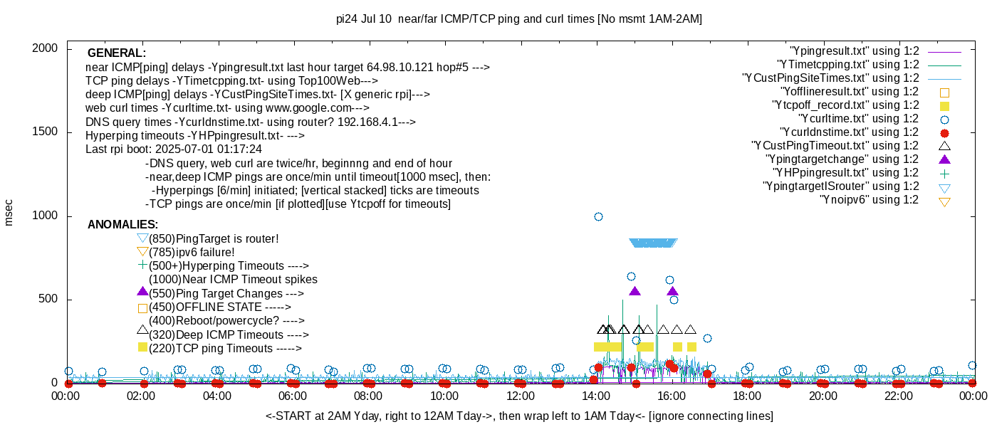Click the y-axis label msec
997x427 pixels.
click(9, 213)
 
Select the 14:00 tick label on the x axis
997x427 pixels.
click(595, 396)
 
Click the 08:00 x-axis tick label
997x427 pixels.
click(368, 396)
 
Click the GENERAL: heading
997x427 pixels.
click(116, 53)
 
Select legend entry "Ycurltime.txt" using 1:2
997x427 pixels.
click(859, 119)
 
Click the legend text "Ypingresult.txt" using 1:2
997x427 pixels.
click(855, 51)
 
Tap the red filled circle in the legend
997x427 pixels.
click(944, 133)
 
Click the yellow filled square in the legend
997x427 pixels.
click(944, 105)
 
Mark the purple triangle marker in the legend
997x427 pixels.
click(944, 159)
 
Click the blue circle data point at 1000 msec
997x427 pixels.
click(598, 216)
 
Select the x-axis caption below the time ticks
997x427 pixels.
click(519, 416)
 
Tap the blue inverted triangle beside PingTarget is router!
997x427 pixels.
click(142, 238)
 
